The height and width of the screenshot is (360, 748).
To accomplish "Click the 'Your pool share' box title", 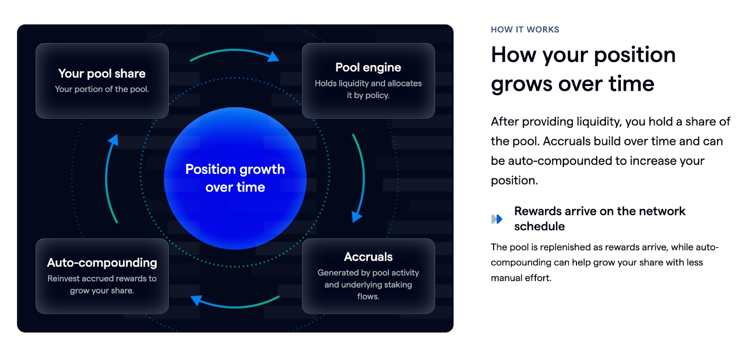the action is coord(102,74).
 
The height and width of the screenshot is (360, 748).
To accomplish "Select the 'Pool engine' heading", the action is coord(368,67).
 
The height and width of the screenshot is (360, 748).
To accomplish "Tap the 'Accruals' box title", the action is coord(368,257).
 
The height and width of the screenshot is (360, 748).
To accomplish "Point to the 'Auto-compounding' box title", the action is coord(102,263).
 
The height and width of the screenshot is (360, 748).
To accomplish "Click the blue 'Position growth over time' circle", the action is coord(235,178).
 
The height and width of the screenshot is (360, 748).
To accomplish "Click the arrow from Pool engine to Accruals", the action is coord(363,177).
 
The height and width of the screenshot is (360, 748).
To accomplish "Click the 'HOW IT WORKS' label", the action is coord(525,30).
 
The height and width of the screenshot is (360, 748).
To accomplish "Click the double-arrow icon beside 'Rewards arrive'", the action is coord(497,219).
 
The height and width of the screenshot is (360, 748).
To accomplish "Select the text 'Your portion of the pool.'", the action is coord(102,89).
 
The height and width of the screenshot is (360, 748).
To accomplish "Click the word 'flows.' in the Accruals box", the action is coord(368,296).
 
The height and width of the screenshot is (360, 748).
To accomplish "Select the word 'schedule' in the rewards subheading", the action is coord(539,226).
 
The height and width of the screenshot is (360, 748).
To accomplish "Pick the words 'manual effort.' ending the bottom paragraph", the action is coord(521,278).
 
